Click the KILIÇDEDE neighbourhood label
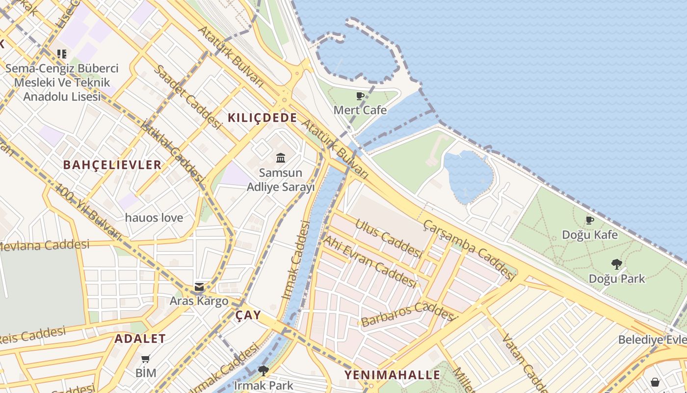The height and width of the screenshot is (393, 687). click(262, 118)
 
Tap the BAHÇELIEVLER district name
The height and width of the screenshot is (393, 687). click(112, 165)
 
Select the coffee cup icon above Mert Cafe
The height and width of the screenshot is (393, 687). click(360, 96)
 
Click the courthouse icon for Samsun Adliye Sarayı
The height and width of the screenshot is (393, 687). click(281, 158)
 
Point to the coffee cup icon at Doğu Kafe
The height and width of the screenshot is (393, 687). click(590, 220)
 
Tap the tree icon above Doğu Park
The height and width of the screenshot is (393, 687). click(617, 264)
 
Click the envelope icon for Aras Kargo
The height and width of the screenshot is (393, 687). click(199, 287)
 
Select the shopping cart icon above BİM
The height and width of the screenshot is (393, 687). click(146, 359)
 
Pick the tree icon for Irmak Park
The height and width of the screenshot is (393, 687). click(264, 371)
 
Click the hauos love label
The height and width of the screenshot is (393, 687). click(154, 218)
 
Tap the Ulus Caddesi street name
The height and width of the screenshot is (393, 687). click(388, 238)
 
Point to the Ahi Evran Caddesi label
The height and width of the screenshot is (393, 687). click(370, 261)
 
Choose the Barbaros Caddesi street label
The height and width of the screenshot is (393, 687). click(407, 314)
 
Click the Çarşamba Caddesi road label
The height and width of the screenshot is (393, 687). click(469, 251)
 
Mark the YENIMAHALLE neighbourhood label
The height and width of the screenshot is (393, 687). click(392, 375)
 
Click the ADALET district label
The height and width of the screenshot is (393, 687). click(140, 338)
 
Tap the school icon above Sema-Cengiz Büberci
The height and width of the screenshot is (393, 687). click(61, 54)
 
